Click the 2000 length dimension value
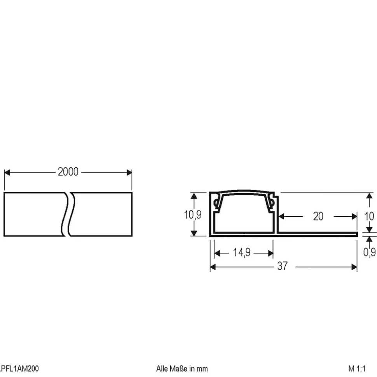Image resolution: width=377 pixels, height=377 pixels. pos(68,172)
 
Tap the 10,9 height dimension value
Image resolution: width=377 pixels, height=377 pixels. pos(193,215)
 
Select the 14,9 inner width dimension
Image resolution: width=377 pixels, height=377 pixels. pos(242,253)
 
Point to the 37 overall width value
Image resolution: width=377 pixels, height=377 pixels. pos(283,266)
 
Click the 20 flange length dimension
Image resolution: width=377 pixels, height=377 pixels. pos(318,216)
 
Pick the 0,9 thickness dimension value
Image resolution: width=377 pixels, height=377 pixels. pos(369,252)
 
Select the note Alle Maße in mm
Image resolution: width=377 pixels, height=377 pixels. pos(182,368)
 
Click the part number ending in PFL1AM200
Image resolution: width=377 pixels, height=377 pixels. pos(19,368)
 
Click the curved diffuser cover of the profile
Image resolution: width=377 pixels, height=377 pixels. pos(244,193)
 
